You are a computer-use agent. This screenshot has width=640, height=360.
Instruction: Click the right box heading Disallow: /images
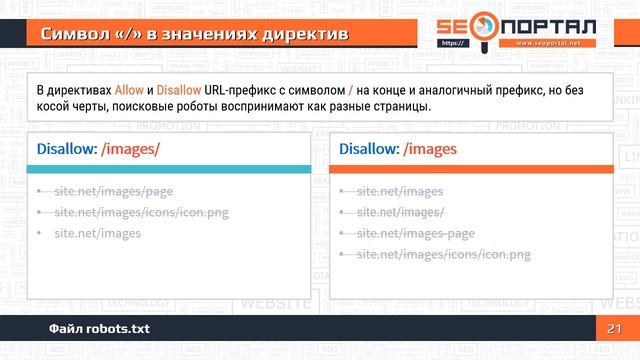[x=397, y=149]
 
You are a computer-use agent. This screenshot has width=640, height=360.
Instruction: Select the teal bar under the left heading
[x=167, y=169]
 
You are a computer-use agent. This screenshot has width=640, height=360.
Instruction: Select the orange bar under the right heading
[x=469, y=169]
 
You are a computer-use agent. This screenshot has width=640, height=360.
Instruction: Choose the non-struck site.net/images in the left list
[x=97, y=233]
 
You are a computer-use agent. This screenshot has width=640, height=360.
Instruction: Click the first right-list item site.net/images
[x=399, y=191]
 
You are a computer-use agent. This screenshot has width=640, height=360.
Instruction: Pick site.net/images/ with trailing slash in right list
[x=401, y=212]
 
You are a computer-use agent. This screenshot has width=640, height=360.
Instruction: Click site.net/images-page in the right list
[x=416, y=233]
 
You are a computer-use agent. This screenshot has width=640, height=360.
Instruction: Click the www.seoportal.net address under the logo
[x=555, y=44]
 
